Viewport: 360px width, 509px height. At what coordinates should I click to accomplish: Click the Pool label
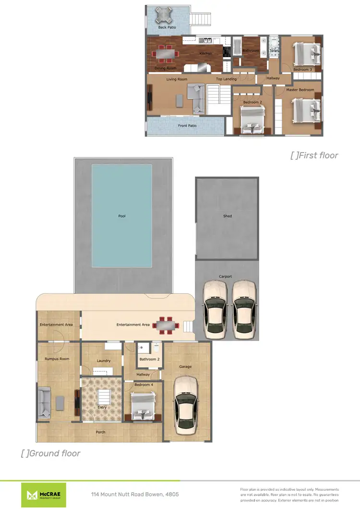122,216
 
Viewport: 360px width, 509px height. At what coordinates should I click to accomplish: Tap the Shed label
228,216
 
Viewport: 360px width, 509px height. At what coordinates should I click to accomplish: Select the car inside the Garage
185,405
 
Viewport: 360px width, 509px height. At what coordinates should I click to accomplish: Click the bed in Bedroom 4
143,405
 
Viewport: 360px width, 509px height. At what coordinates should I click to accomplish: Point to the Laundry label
104,361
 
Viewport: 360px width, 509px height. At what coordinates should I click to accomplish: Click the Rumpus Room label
57,359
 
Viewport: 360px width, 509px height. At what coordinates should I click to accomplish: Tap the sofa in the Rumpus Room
45,402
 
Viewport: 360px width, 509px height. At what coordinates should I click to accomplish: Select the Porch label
100,432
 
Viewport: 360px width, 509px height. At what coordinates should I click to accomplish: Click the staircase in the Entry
103,397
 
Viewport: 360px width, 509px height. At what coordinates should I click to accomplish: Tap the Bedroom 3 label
303,70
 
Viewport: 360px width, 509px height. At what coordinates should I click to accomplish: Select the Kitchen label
205,54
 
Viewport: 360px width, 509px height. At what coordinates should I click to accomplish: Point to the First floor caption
314,155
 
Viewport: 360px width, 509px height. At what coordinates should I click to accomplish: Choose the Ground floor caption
51,453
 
